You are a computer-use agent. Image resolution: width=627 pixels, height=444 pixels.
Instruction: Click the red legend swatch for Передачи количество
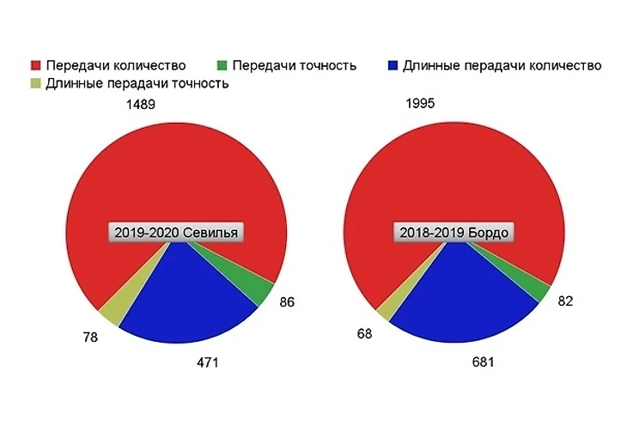36,66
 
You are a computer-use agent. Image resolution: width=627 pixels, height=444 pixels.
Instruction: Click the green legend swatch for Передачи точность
222,66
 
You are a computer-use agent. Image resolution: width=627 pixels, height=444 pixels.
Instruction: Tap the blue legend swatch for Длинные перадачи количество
393,66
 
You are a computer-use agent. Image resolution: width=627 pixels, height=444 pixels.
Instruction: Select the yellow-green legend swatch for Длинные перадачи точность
36,83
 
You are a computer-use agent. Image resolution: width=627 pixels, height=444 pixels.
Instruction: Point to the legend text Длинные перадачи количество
502,66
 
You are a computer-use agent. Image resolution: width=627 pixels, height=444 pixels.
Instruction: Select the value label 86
288,302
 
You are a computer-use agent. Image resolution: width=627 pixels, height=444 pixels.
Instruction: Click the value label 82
564,301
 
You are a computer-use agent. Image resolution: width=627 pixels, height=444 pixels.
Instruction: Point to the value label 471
209,362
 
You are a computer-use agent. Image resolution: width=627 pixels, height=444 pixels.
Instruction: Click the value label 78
90,337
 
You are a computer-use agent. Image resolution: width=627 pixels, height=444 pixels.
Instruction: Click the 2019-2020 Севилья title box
177,233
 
